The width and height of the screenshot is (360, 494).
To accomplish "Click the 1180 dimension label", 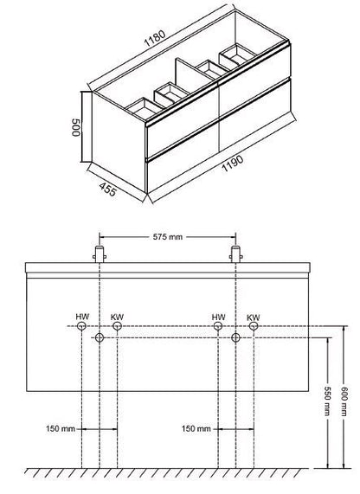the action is tap(154, 38).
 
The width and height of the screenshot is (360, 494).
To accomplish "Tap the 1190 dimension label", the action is tap(233, 164).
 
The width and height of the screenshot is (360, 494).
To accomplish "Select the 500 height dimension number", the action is tap(75, 127).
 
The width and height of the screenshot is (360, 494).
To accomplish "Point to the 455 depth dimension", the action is tap(108, 189).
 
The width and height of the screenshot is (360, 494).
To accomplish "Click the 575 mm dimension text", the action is tap(168, 236).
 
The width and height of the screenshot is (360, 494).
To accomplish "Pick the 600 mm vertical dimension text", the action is tap(344, 401).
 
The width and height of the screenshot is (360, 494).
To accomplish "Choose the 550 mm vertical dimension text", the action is tap(327, 401).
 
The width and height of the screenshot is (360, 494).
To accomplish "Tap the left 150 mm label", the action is tap(61, 429).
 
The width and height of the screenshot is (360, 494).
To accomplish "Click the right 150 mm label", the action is tap(196, 429).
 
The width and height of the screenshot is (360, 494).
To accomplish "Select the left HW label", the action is tap(82, 317).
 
